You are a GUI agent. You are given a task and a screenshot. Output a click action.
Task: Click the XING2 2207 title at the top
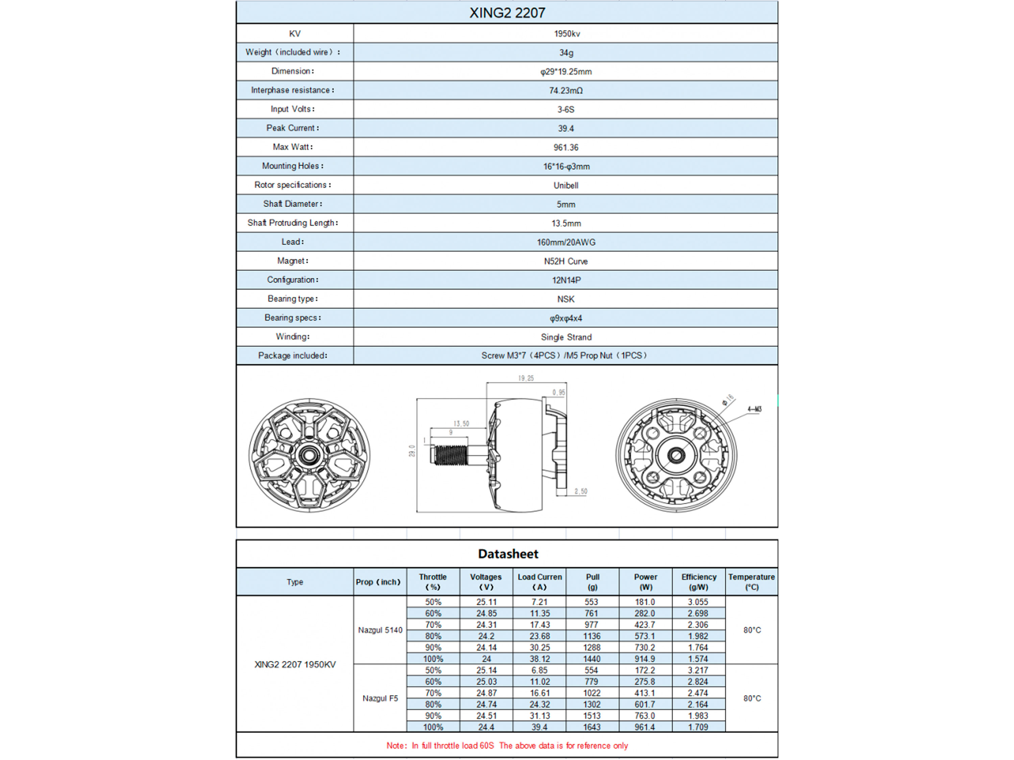[507, 13]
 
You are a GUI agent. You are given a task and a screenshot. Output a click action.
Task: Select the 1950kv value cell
[566, 33]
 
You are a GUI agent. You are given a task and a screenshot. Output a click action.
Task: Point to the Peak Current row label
[292, 128]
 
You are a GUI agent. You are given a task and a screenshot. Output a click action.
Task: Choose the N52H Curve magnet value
[566, 261]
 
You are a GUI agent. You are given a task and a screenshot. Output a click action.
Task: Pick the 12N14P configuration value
[566, 280]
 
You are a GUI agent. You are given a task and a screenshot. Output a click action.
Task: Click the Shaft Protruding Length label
[292, 223]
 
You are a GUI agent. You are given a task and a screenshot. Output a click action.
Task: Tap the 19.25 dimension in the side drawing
[526, 378]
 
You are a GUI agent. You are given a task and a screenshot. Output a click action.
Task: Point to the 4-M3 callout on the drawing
[754, 409]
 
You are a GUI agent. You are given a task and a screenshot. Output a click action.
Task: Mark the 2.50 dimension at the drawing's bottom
[580, 491]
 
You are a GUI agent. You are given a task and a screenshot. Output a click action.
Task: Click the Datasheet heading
[508, 554]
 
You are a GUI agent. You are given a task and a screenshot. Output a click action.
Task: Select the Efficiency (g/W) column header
[699, 582]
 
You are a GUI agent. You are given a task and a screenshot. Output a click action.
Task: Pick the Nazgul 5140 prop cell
[380, 630]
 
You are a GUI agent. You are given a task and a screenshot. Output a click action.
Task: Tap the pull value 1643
[591, 727]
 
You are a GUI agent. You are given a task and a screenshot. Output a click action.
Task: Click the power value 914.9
[645, 659]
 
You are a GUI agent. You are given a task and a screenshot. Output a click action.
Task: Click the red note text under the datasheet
[507, 746]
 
